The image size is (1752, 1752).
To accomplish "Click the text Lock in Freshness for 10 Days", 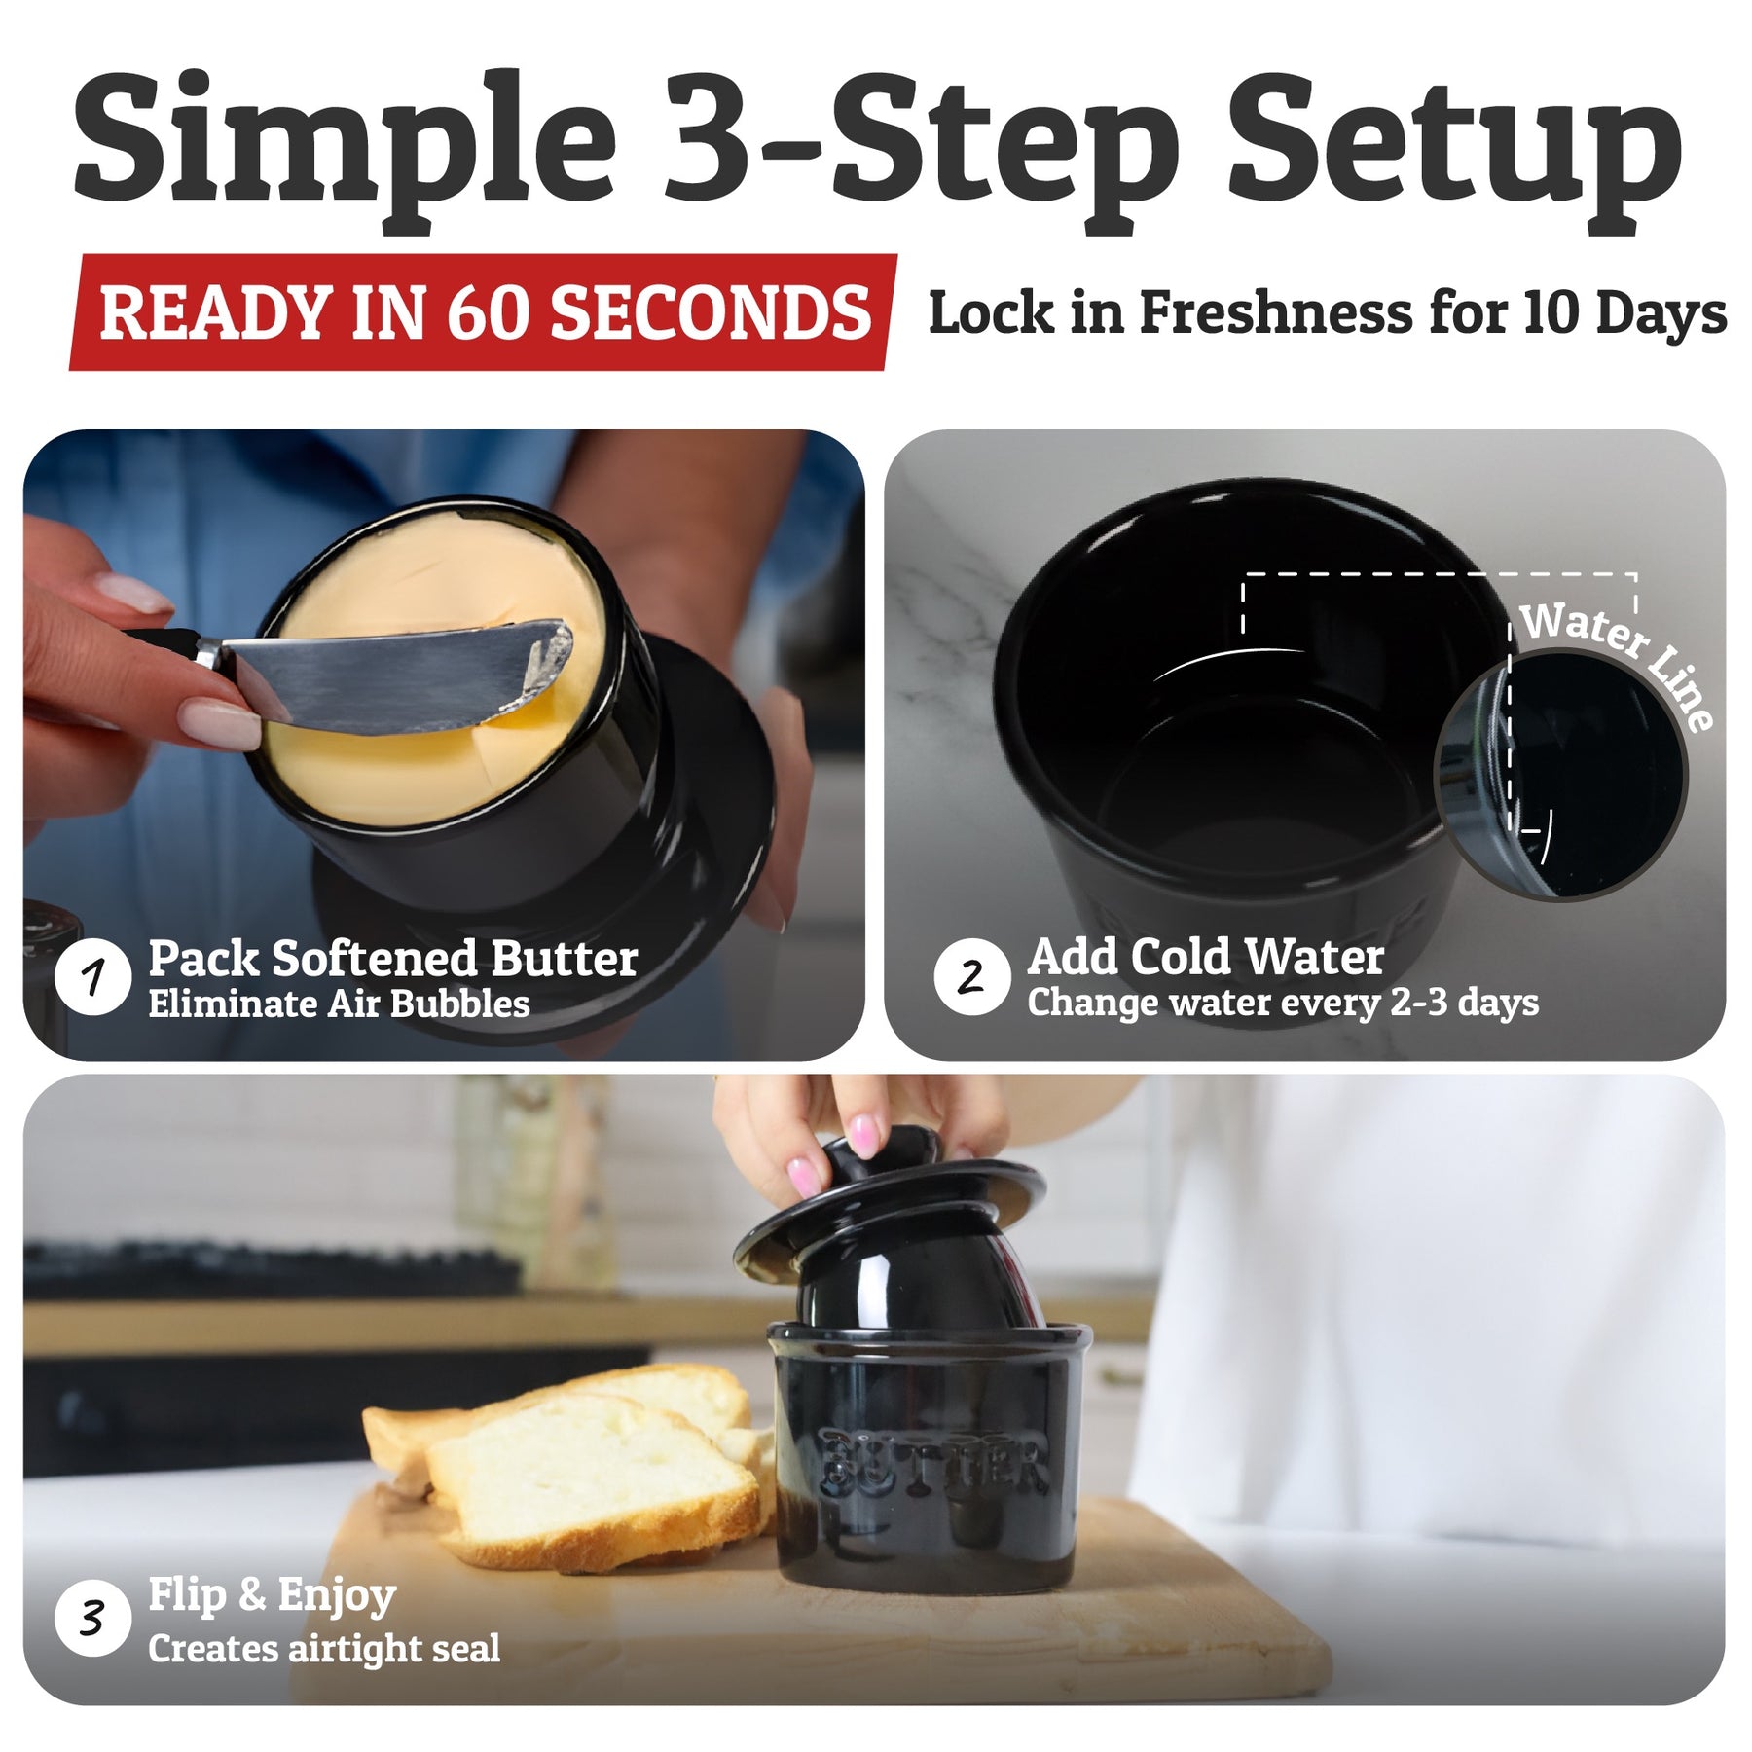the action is tap(1328, 312).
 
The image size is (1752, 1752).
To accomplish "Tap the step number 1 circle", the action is tap(93, 976).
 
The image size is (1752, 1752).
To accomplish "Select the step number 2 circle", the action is tap(971, 976).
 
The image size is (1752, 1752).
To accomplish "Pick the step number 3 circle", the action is tap(93, 1619).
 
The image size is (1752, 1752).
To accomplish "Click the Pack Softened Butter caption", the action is tap(393, 959).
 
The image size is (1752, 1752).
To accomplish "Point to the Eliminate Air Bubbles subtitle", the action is tap(339, 1004).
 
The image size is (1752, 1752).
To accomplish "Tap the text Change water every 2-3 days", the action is tap(1283, 1003).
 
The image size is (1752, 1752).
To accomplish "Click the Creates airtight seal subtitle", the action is tap(324, 1649).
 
